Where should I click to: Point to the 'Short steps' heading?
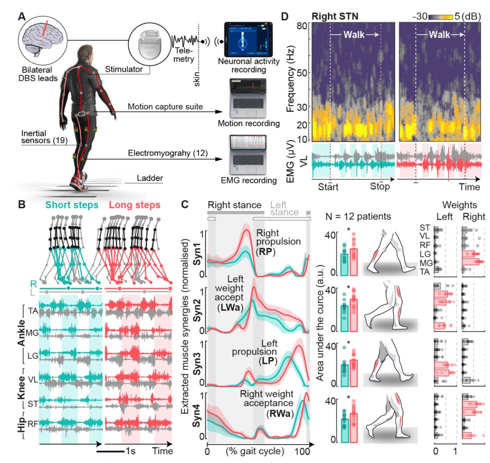(x=70, y=205)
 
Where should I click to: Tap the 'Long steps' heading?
(x=135, y=205)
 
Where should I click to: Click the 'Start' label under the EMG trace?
(x=328, y=187)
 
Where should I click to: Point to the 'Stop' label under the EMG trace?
(x=380, y=187)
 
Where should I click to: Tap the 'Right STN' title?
(x=331, y=16)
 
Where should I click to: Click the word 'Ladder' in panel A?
(x=150, y=178)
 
